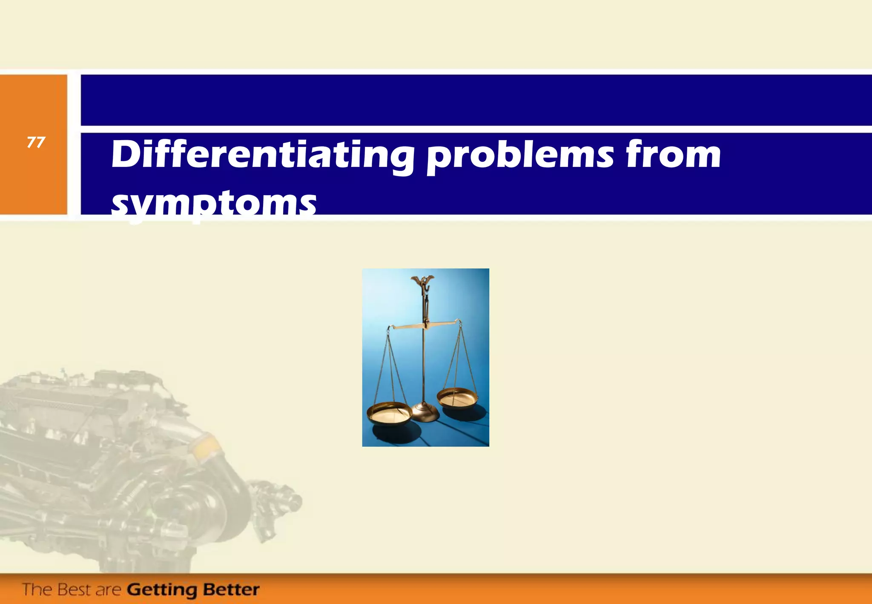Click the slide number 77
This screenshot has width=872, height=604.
pyautogui.click(x=36, y=142)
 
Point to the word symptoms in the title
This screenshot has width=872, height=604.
pyautogui.click(x=214, y=204)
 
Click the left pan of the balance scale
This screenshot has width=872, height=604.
pyautogui.click(x=389, y=413)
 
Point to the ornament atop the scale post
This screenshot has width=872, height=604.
pyautogui.click(x=422, y=281)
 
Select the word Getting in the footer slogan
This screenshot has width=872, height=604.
pyautogui.click(x=162, y=590)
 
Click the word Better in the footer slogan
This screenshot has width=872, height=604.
pyautogui.click(x=231, y=590)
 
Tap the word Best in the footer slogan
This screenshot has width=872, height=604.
pyautogui.click(x=75, y=590)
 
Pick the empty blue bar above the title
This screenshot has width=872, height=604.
pyautogui.click(x=468, y=100)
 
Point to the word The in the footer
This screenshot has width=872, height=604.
pyautogui.click(x=37, y=590)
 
